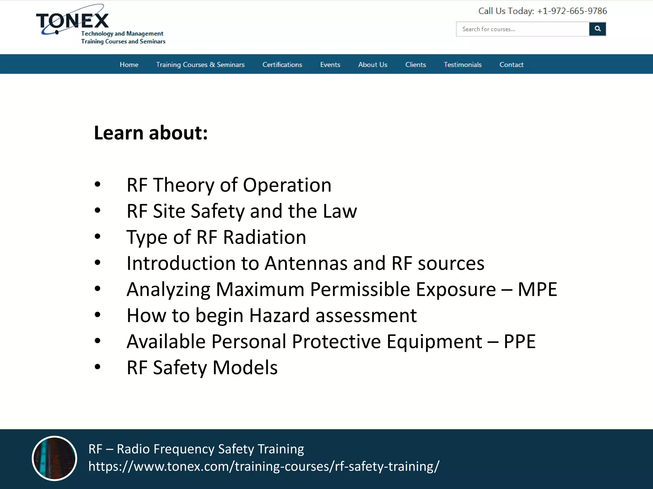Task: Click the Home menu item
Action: coord(129,65)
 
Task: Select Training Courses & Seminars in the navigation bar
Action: coord(200,65)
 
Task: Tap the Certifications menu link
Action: coord(282,65)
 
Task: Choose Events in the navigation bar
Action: coord(330,65)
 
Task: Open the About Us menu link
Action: coord(373,65)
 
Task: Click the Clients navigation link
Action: coord(415,65)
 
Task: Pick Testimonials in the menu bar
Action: coord(463,65)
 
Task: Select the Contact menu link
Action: coord(511,65)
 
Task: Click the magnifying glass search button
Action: coord(598,29)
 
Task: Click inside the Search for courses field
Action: coord(522,29)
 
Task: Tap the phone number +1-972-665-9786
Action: coord(572,11)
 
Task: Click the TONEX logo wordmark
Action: coord(73,21)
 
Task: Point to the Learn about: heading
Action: coord(151,133)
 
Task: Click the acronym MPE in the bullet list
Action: coord(537,289)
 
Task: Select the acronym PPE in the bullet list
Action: coord(519,342)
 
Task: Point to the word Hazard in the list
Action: coord(279,315)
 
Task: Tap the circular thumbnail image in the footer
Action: coord(55,458)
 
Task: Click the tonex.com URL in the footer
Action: coord(264,466)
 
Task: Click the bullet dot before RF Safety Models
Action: coord(98,367)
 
